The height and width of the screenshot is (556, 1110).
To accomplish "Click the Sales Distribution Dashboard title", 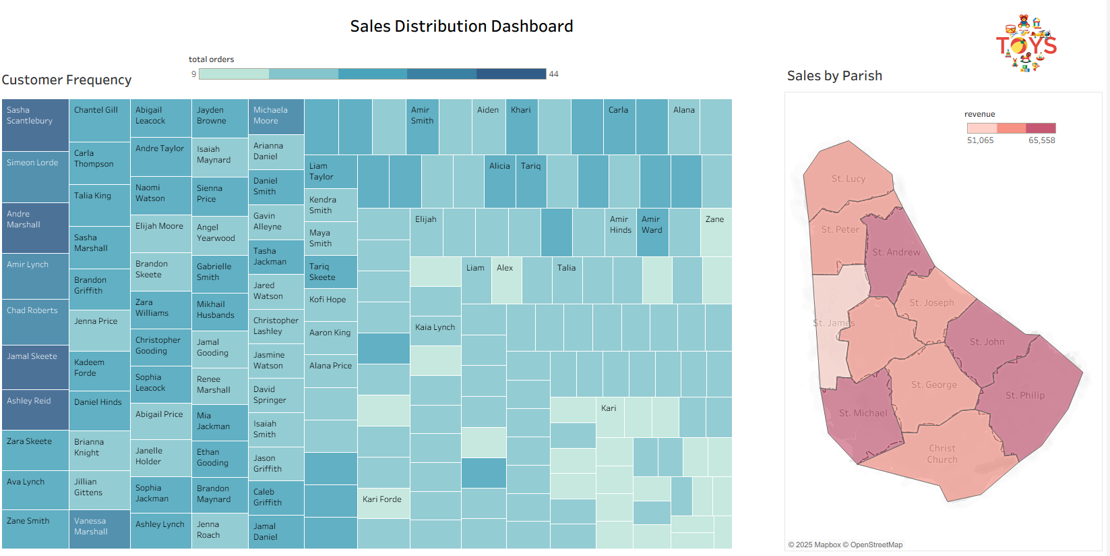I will (x=461, y=26).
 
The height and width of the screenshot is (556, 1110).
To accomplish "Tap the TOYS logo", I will (x=1026, y=45).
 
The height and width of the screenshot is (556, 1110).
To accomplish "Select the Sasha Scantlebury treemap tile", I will (x=35, y=125).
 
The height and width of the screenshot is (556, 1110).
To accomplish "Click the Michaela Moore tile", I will (x=276, y=116).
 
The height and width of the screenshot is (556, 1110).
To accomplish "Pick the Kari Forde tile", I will (x=383, y=503).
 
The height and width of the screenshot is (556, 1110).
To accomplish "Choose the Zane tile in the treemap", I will (x=716, y=231).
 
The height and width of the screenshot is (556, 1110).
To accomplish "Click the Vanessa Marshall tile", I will (x=99, y=528).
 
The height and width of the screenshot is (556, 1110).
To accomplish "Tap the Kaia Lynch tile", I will (x=435, y=330).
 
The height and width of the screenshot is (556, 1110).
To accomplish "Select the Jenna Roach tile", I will (x=219, y=530).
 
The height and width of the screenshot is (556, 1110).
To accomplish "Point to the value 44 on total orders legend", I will (x=553, y=74).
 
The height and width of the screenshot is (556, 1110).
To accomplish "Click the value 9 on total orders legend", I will (x=193, y=74).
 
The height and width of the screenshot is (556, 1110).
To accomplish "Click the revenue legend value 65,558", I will (x=1041, y=140).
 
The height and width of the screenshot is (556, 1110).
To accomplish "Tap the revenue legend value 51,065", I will (x=980, y=140).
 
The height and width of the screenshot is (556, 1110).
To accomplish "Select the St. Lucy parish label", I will (x=848, y=179).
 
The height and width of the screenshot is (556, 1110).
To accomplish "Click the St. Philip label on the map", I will (x=1024, y=395).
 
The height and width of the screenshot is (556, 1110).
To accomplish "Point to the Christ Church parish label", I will (x=942, y=453).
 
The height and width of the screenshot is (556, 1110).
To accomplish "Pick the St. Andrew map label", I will (x=896, y=252).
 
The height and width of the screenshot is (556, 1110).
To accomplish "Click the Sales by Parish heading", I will (x=834, y=76).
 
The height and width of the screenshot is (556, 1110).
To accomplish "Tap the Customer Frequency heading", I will (x=66, y=80).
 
